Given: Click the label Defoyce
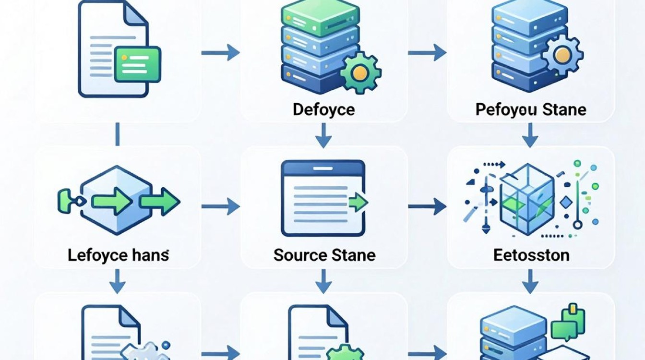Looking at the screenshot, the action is [x=323, y=110].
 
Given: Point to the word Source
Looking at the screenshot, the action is [x=299, y=255].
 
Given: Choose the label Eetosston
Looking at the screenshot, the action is [x=531, y=255].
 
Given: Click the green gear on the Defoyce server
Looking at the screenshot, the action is [x=360, y=72].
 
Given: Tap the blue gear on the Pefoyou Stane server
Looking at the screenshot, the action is [x=562, y=55].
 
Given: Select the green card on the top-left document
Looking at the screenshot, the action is [x=138, y=65].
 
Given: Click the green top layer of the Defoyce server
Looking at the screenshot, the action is [x=320, y=16].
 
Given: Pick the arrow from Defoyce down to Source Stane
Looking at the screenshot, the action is [x=323, y=135].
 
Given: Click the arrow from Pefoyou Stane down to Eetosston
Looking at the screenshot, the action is [x=530, y=135].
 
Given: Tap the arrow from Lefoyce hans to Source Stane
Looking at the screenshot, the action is [x=221, y=206].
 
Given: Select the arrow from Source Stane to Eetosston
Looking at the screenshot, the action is [x=427, y=206].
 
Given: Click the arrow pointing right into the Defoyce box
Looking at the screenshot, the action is [x=221, y=53].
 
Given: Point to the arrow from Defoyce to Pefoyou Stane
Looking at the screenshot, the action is [x=427, y=53].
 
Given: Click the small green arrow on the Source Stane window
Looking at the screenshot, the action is [x=358, y=203].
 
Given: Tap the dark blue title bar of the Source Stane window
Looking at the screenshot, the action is [x=323, y=168].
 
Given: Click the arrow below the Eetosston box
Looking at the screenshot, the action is [x=530, y=281].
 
